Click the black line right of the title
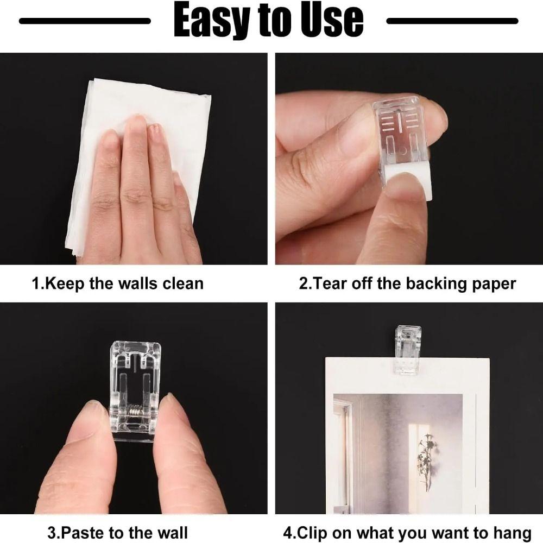452,21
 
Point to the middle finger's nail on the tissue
138,121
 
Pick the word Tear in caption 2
330,283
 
